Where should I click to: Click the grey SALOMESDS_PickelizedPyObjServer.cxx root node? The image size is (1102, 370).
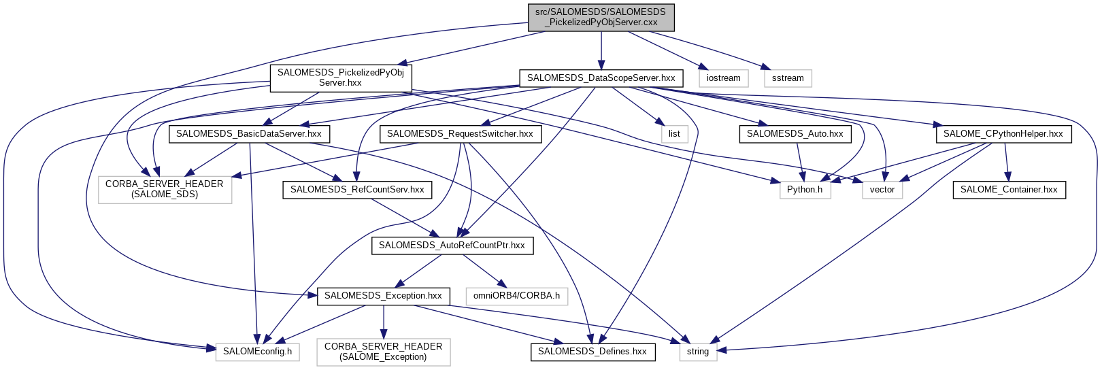pyautogui.click(x=601, y=17)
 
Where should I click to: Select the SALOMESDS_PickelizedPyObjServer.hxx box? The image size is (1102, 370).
pyautogui.click(x=341, y=78)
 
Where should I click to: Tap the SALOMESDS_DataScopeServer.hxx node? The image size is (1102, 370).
pyautogui.click(x=601, y=78)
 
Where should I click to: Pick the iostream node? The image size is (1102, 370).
pyautogui.click(x=723, y=78)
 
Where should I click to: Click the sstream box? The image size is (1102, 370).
pyautogui.click(x=788, y=78)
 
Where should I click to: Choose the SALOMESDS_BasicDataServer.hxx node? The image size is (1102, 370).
pyautogui.click(x=248, y=134)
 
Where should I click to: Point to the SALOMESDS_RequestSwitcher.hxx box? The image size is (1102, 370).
pyautogui.click(x=460, y=134)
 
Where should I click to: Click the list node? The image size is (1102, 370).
pyautogui.click(x=674, y=134)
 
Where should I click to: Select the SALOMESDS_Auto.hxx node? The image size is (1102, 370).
pyautogui.click(x=795, y=134)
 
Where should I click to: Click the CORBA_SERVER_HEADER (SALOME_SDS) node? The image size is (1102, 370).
pyautogui.click(x=165, y=189)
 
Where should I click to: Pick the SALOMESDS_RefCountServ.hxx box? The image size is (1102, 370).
pyautogui.click(x=357, y=190)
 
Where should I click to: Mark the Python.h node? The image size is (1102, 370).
pyautogui.click(x=805, y=190)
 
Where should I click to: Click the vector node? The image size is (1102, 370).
pyautogui.click(x=882, y=190)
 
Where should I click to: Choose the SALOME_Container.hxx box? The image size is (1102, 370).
pyautogui.click(x=1009, y=190)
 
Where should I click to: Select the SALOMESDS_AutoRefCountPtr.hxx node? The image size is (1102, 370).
pyautogui.click(x=452, y=246)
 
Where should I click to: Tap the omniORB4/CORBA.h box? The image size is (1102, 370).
pyautogui.click(x=516, y=296)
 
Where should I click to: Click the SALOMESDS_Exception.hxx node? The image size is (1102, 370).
pyautogui.click(x=383, y=296)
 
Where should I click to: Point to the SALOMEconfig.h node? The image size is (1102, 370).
pyautogui.click(x=257, y=352)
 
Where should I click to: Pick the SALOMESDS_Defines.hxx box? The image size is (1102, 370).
pyautogui.click(x=592, y=352)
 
